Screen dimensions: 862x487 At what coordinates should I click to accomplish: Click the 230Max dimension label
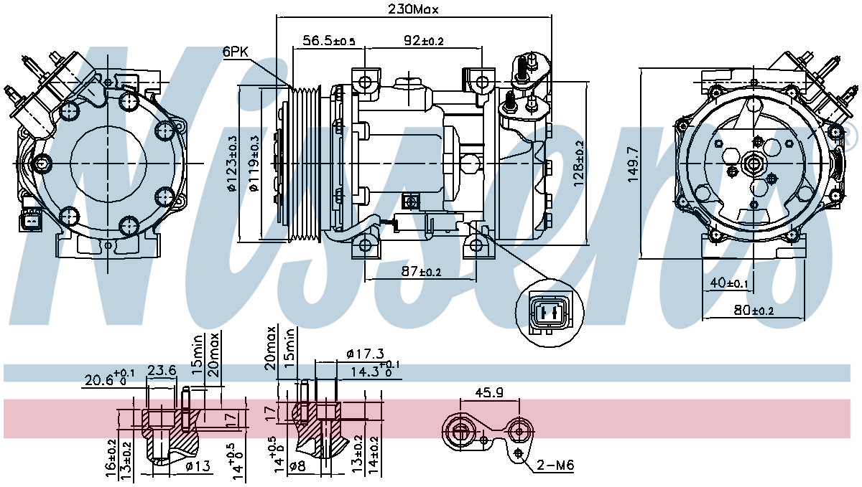pos(413,9)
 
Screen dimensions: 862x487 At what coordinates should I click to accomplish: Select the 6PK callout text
pos(236,52)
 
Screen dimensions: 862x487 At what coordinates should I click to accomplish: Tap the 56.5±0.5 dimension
pos(329,40)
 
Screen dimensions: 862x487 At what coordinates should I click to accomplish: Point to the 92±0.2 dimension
pos(423,40)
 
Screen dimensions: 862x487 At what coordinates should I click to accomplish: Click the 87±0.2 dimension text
pos(421,271)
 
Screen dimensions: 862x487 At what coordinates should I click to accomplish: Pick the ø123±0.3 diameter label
pos(232,164)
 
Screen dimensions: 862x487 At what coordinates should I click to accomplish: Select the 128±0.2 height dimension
pos(578,164)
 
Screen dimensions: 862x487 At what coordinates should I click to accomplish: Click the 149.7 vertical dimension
pos(633,164)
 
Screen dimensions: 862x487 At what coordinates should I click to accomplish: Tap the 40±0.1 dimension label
pos(728,283)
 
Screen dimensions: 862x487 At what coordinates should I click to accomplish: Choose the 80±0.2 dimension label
pos(754,310)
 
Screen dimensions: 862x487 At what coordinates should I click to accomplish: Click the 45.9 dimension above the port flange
pos(489,392)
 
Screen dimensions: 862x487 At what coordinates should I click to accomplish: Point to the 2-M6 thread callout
pos(555,465)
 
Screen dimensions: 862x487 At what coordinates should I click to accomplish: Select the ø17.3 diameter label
pos(365,354)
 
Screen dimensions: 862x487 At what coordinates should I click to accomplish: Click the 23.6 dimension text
pos(162,371)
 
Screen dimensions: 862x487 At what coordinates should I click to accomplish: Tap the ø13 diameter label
pos(198,466)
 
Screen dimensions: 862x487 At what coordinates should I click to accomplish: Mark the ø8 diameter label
pos(297,466)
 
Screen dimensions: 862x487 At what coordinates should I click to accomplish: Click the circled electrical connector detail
pos(549,312)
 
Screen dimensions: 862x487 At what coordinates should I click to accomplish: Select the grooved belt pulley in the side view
pos(305,164)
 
